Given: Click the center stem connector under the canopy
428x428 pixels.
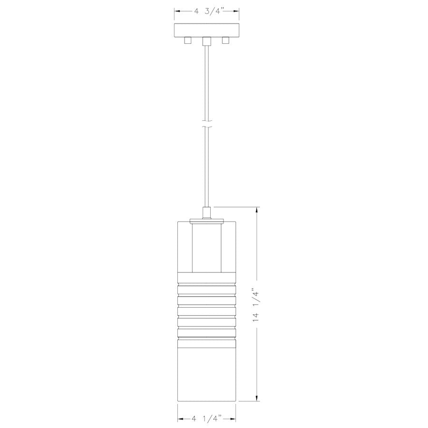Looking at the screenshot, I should coord(206,41).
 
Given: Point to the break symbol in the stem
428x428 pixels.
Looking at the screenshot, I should coord(206,127).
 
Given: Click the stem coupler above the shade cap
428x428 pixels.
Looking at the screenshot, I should coord(206,212).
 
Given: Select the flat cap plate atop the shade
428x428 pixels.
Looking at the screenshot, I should coord(206,220).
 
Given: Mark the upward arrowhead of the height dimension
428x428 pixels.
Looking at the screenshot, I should coord(258,210).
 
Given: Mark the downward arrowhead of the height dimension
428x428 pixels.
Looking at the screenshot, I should coord(258,399).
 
